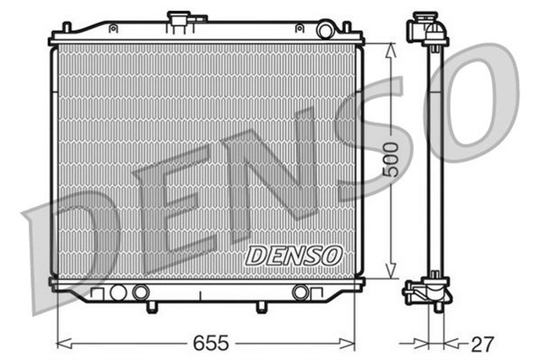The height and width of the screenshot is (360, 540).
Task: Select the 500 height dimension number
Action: (x=390, y=159)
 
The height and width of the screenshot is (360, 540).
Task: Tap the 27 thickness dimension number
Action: (x=481, y=343)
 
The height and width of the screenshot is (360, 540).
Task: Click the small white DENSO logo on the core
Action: (x=293, y=255)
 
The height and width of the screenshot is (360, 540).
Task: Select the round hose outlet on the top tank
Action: (x=325, y=30)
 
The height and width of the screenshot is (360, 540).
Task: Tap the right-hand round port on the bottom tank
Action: (x=300, y=293)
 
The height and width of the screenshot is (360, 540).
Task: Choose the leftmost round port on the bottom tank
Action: (x=118, y=293)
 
